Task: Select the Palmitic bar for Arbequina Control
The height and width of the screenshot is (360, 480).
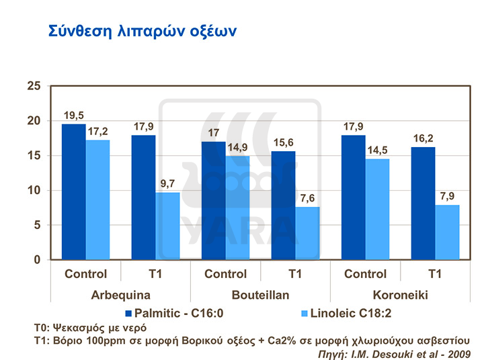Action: pyautogui.click(x=74, y=192)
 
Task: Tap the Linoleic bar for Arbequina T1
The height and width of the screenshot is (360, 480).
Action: pyautogui.click(x=167, y=226)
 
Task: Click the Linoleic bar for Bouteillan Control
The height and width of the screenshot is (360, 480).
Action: pyautogui.click(x=237, y=208)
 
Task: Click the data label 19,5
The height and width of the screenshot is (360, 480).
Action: pyautogui.click(x=74, y=116)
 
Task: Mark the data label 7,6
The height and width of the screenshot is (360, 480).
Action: pyautogui.click(x=307, y=199)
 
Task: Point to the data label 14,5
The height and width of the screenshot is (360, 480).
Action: pyautogui.click(x=378, y=151)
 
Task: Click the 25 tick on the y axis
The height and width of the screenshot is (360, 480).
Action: pyautogui.click(x=34, y=86)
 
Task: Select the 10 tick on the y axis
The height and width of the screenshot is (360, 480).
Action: pyautogui.click(x=34, y=190)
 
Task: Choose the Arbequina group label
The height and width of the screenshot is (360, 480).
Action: pyautogui.click(x=122, y=294)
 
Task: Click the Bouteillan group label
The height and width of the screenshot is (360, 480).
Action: pyautogui.click(x=261, y=294)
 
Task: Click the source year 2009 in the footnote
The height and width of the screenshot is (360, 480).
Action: pyautogui.click(x=458, y=353)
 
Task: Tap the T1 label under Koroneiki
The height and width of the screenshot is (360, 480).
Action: pyautogui.click(x=435, y=274)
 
